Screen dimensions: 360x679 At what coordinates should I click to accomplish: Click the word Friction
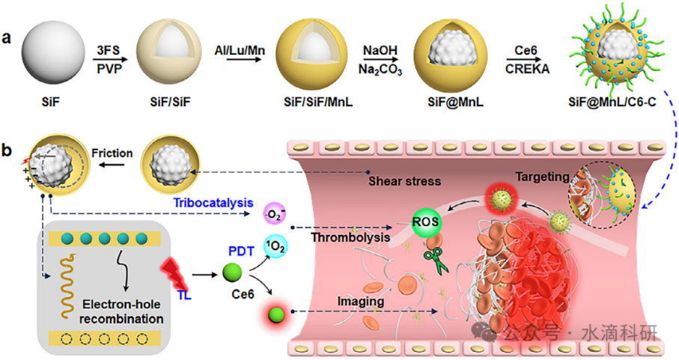pos(112,153)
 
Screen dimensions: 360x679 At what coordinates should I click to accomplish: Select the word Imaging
pos(362,302)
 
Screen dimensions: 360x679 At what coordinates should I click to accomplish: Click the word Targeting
pos(541,177)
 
